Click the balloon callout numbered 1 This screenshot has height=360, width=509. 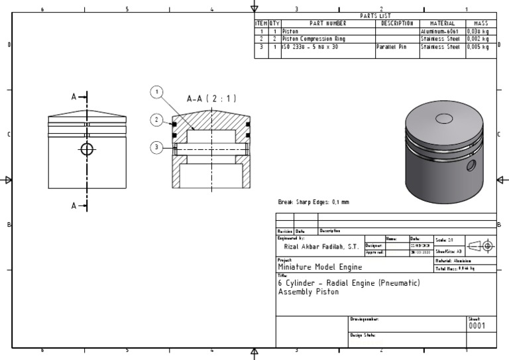[x=156, y=92]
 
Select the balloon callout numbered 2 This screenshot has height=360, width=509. [x=156, y=119]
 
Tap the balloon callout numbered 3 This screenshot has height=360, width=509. [x=156, y=147]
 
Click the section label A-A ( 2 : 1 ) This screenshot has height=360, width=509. [x=211, y=99]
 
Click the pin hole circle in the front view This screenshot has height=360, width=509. [x=86, y=149]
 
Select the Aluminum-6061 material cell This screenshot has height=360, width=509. [x=439, y=31]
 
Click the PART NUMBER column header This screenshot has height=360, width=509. [x=328, y=23]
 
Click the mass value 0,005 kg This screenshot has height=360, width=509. [x=480, y=47]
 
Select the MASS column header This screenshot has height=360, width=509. [x=481, y=23]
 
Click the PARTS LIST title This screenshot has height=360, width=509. [x=375, y=16]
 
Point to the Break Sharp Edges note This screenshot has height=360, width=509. [x=313, y=202]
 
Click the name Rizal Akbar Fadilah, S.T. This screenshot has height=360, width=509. [x=320, y=246]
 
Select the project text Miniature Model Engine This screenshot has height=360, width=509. [x=319, y=267]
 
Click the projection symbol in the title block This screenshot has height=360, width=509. [x=482, y=245]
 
